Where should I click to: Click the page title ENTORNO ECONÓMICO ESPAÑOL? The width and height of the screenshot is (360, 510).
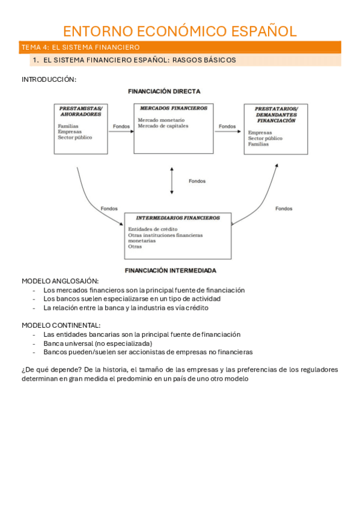tap(180, 31)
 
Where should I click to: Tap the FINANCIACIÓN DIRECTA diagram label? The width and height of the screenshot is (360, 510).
tap(164, 91)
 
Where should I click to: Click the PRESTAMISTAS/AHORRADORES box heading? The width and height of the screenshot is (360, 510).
tap(81, 111)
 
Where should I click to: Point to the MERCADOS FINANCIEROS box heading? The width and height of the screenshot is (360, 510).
tap(173, 108)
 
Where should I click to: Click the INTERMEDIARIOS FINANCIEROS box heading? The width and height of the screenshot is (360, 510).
tap(178, 218)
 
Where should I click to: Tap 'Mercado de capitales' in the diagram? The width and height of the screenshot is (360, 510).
tap(163, 126)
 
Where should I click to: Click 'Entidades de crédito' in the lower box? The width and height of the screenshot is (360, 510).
tap(153, 229)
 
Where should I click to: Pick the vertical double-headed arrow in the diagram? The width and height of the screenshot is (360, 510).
tap(172, 180)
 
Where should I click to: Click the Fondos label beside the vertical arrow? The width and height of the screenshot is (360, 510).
tap(197, 181)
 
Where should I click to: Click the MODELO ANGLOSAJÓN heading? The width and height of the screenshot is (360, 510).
tap(60, 281)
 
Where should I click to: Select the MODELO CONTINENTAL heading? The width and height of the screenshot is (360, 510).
tap(61, 325)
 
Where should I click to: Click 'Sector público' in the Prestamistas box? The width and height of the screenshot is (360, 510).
tap(75, 137)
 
